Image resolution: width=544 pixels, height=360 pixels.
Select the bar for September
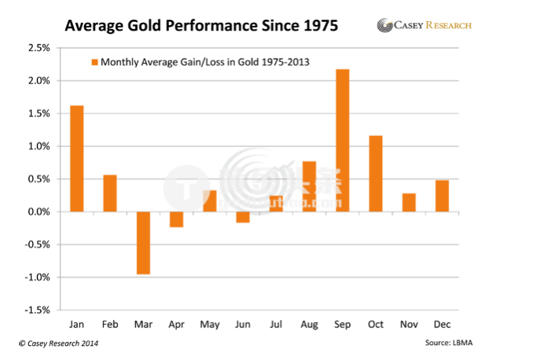tap(343, 141)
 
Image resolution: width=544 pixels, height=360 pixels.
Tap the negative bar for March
tap(143, 243)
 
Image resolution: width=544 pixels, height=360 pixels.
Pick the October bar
tap(376, 174)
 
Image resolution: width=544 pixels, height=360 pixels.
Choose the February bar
tap(110, 193)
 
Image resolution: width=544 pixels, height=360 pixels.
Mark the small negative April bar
tap(176, 219)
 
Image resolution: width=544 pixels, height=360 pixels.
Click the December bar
tap(443, 196)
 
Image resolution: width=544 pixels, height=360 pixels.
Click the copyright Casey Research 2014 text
tap(59, 343)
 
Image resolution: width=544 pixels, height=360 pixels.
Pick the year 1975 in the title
tap(318, 26)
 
